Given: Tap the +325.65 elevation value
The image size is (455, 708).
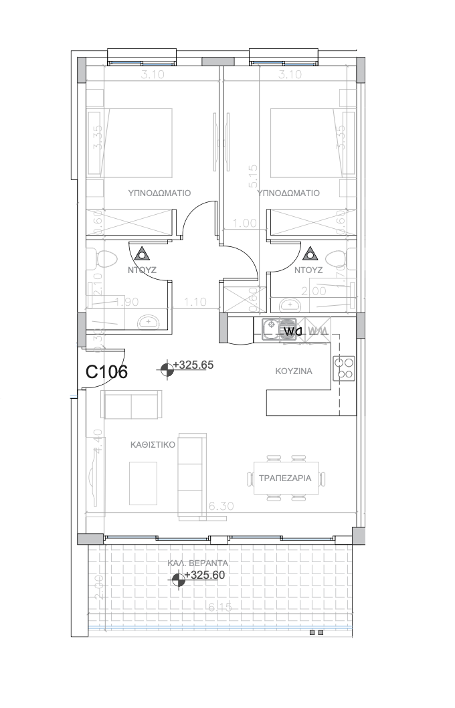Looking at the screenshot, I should [193, 365].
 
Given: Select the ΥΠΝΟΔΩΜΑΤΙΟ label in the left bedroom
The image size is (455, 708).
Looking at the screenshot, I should [159, 193].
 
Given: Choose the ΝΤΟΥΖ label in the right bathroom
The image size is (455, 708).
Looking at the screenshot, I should [308, 271].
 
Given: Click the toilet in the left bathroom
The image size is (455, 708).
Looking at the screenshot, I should [104, 258].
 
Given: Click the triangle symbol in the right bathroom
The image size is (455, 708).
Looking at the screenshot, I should [309, 254].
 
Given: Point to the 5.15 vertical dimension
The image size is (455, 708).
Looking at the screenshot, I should [253, 175].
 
